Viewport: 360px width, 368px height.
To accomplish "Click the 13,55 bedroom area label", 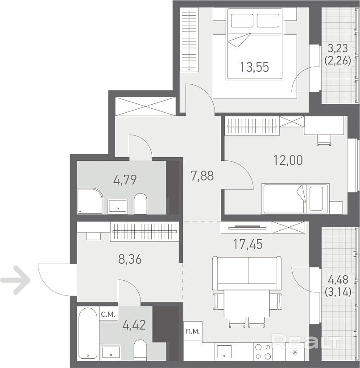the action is click(x=254, y=67).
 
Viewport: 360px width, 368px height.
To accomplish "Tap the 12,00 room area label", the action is click(x=288, y=160).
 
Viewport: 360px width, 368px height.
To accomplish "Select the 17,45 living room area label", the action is click(x=248, y=244).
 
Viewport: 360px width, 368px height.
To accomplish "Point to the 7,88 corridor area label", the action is click(x=203, y=176).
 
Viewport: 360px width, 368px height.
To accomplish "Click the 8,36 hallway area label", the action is click(x=130, y=259).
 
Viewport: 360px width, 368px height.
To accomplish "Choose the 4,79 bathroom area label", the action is click(x=125, y=180).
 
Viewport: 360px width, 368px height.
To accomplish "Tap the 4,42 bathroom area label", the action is click(x=134, y=325).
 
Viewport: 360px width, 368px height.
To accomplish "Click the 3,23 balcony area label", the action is click(x=338, y=49).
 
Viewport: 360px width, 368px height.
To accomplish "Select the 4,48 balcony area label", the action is click(x=338, y=280).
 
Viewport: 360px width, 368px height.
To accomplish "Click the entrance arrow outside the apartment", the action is click(x=15, y=280).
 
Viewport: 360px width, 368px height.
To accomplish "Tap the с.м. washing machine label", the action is click(x=108, y=314).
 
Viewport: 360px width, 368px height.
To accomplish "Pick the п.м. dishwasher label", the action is click(x=193, y=331).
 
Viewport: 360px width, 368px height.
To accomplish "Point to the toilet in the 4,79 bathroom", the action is click(x=140, y=204).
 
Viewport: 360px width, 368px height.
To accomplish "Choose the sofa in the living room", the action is click(x=247, y=273).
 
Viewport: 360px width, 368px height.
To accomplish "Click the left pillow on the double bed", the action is click(x=242, y=20).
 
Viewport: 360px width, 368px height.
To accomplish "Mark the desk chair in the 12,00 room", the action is click(x=324, y=140).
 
